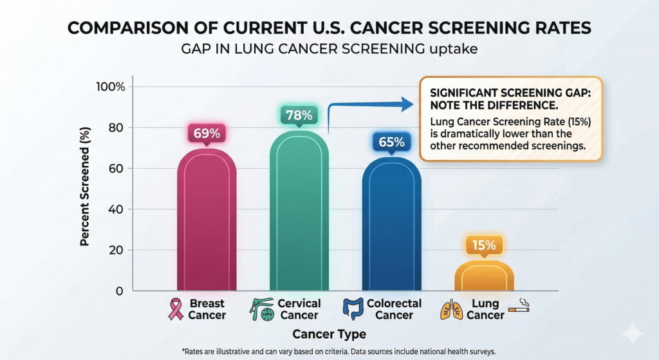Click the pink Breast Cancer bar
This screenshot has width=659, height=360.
tap(207, 222)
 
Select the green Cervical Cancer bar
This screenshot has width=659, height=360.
tap(299, 213)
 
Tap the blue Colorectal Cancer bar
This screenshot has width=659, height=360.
tap(391, 225)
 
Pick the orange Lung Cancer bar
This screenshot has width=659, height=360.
tap(484, 277)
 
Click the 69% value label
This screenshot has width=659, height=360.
tap(207, 134)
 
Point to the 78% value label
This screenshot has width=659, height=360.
tap(299, 116)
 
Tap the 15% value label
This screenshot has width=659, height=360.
tap(484, 245)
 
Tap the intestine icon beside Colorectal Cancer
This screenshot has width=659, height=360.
tap(352, 309)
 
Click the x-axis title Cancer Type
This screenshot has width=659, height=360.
tap(329, 334)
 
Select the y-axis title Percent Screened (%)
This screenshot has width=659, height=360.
tap(84, 189)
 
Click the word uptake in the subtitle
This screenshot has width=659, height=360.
tap(455, 50)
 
